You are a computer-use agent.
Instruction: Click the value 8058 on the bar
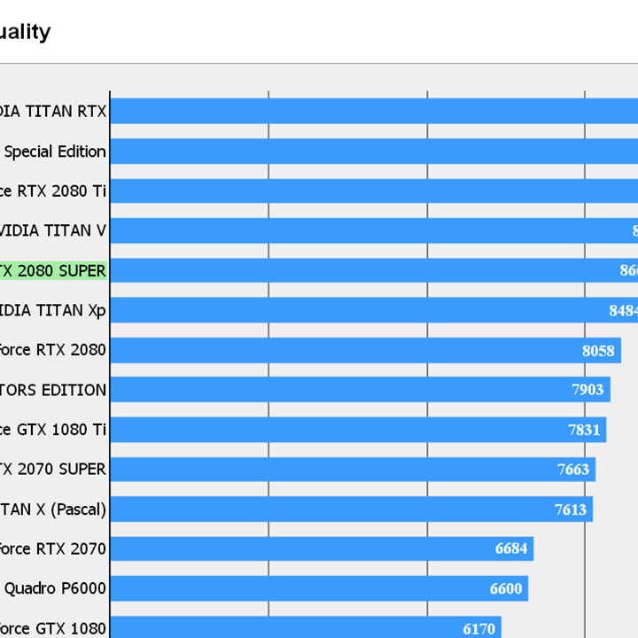[x=598, y=350]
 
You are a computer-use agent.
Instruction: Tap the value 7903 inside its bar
[x=587, y=390]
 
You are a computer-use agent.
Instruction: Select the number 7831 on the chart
[x=584, y=430]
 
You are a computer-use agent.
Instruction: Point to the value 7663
[x=573, y=470]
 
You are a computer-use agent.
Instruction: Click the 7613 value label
[x=571, y=510]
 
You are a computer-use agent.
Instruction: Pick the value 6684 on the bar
[x=511, y=549]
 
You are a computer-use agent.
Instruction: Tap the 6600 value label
[x=506, y=588]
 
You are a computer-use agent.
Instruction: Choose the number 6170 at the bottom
[x=478, y=629]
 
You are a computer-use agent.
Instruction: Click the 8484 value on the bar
[x=623, y=310]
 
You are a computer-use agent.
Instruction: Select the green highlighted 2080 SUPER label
[x=52, y=270]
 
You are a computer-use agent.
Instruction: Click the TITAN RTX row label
[x=52, y=111]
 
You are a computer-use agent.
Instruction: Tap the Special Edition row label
[x=55, y=152]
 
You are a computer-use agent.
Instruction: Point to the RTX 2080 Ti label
[x=52, y=191]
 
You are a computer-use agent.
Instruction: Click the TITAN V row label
[x=52, y=230]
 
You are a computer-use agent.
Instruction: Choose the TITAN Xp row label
[x=52, y=310]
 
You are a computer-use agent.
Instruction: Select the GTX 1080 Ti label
[x=52, y=430]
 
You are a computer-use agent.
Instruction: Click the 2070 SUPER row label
[x=52, y=470]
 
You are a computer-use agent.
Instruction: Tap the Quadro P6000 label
[x=55, y=588]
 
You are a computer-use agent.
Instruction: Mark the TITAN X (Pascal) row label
[x=52, y=510]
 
